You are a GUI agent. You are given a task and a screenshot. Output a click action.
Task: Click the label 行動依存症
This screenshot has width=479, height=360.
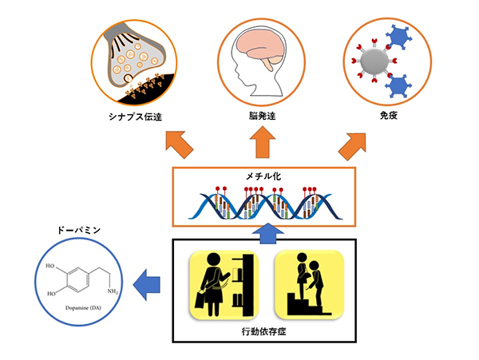click(261, 330)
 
